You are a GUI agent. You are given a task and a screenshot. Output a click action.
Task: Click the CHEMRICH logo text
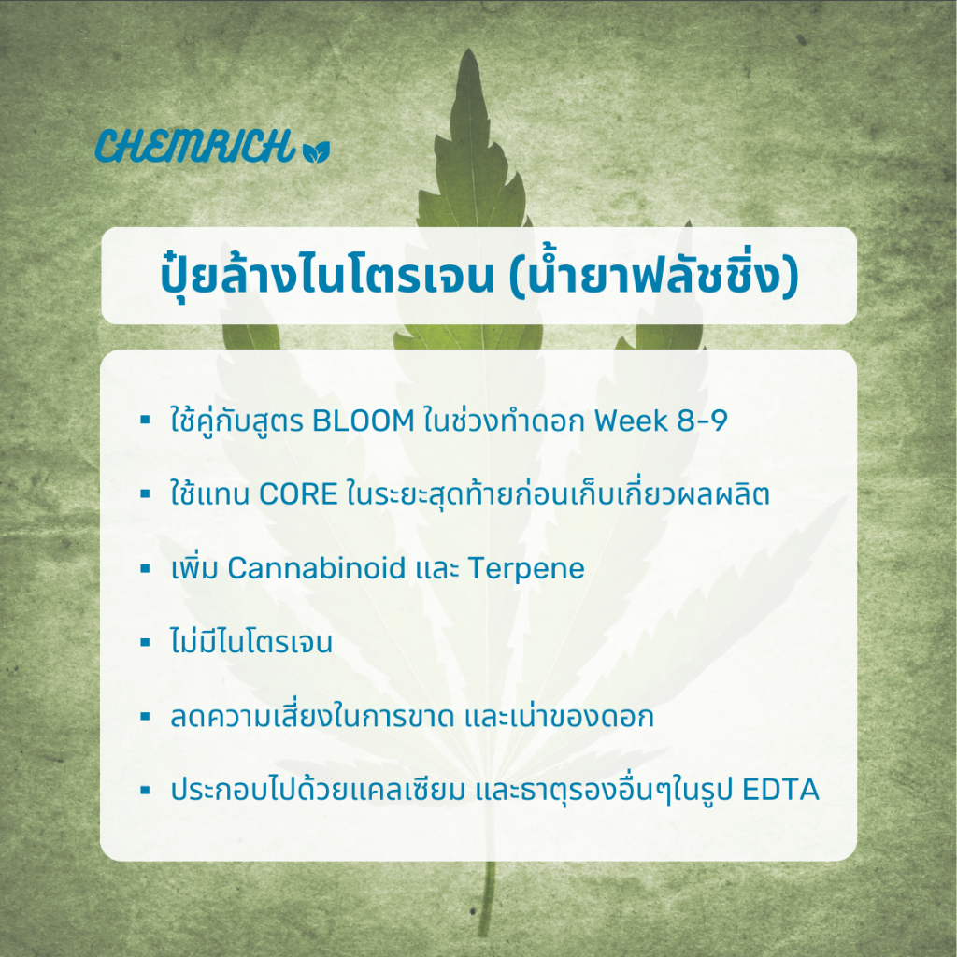[x=195, y=146]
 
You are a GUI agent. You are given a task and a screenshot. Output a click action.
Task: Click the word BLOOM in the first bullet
[x=364, y=421]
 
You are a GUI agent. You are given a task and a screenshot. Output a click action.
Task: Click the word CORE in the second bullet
[x=298, y=494]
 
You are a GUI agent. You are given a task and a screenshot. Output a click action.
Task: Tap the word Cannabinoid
[x=317, y=568]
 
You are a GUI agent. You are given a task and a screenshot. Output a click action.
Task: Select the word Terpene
[x=527, y=569]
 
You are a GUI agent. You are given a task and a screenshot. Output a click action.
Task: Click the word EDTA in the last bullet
[x=780, y=790]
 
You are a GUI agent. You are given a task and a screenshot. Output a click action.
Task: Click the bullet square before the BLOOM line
[x=145, y=420]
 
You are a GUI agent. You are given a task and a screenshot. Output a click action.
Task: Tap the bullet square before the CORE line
[x=145, y=493]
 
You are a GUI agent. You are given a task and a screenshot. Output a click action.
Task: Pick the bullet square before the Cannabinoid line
[x=145, y=568]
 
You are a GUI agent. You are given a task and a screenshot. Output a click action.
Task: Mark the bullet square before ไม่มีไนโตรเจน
[x=145, y=642]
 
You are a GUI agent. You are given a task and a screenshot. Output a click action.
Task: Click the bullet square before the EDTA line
[x=145, y=791]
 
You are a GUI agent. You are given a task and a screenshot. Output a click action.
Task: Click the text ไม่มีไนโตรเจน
[x=251, y=641]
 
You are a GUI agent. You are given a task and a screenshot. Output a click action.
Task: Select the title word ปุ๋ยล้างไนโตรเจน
[x=327, y=276]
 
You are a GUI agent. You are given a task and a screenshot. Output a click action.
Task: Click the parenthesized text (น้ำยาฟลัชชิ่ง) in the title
[x=653, y=276]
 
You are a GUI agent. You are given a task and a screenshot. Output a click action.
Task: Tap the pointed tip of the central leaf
[x=469, y=50]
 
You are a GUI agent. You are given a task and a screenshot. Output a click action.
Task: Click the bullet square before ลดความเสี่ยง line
[x=145, y=717]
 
